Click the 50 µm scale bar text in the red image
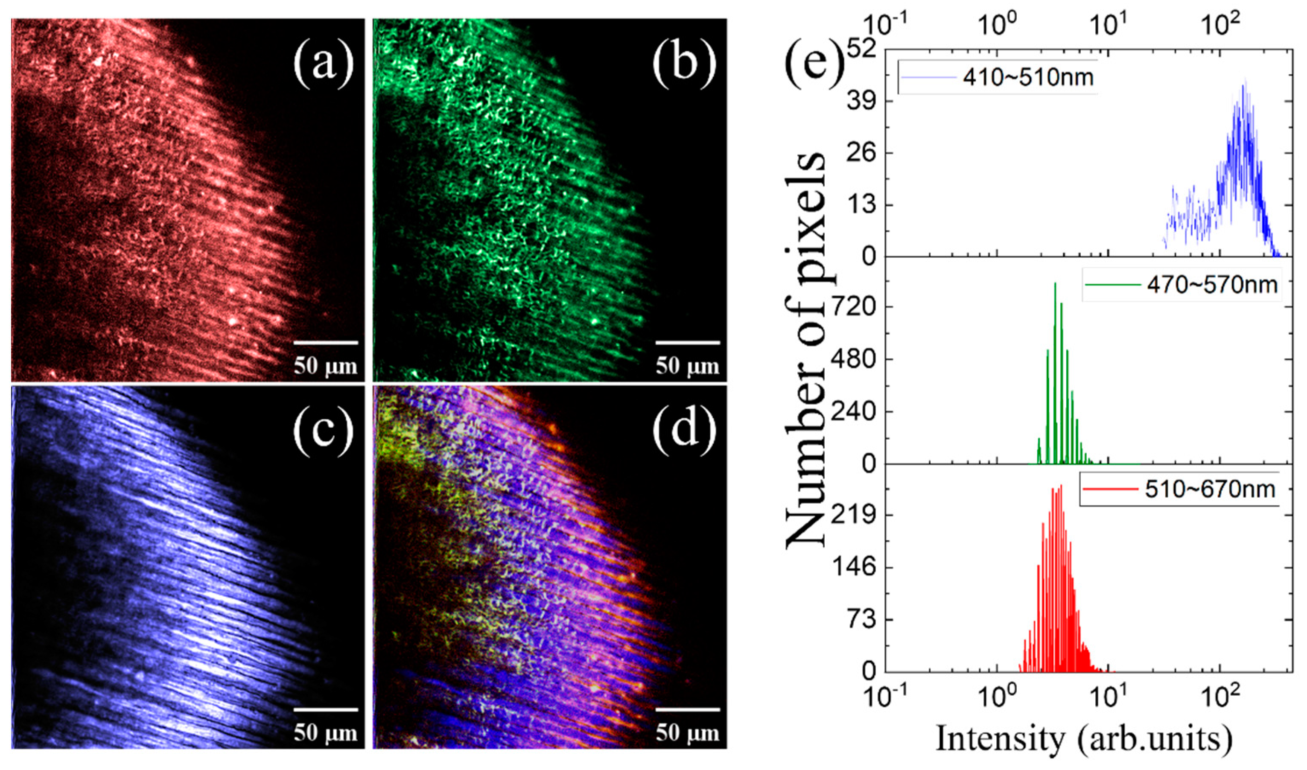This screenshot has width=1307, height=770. point(326,366)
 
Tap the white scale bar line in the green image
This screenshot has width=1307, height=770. point(688,342)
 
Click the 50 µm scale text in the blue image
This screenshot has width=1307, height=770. point(326,733)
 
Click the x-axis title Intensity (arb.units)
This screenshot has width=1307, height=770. point(1085,739)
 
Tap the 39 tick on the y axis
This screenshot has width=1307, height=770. point(864,101)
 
